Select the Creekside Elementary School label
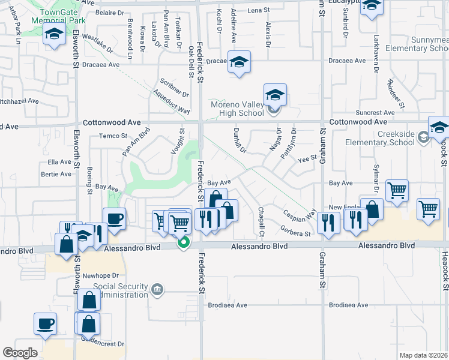click(x=379, y=139)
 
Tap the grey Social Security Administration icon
click(x=157, y=290)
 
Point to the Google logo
click(x=20, y=353)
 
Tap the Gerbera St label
click(x=295, y=231)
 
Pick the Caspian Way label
click(x=300, y=214)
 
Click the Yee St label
click(x=307, y=158)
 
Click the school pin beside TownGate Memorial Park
click(x=55, y=35)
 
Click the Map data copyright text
click(x=424, y=355)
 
